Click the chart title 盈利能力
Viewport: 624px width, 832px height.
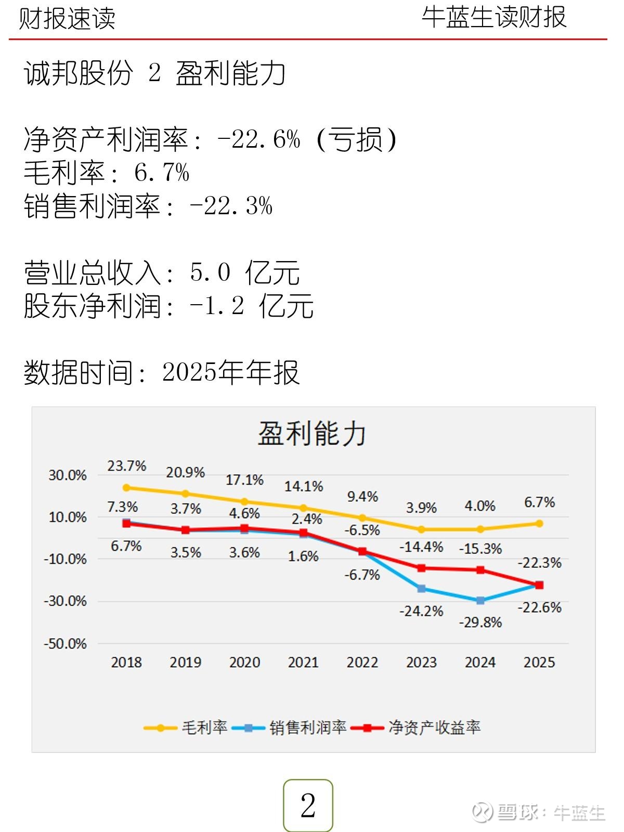coord(312,433)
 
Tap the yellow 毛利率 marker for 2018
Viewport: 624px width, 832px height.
coord(126,488)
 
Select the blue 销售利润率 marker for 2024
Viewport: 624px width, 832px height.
coord(480,601)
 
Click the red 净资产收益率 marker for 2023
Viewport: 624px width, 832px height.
coord(422,568)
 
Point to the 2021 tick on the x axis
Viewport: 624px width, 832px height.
coord(303,662)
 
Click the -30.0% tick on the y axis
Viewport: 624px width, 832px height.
coord(66,601)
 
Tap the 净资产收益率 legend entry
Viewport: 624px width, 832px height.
coord(416,727)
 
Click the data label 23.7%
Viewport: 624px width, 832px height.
coord(126,465)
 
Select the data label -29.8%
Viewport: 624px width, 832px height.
coord(480,622)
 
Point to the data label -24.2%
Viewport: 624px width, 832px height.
coord(421,610)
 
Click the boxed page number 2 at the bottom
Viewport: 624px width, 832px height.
coord(308,805)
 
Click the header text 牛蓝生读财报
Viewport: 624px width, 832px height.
coord(493,17)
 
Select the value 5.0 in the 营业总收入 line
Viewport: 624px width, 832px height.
coord(210,272)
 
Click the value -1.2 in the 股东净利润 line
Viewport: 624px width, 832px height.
coord(217,306)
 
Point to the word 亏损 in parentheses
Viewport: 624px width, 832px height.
coord(357,139)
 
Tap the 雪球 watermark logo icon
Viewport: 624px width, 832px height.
coord(482,812)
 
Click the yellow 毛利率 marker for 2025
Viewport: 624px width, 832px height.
coord(539,524)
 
